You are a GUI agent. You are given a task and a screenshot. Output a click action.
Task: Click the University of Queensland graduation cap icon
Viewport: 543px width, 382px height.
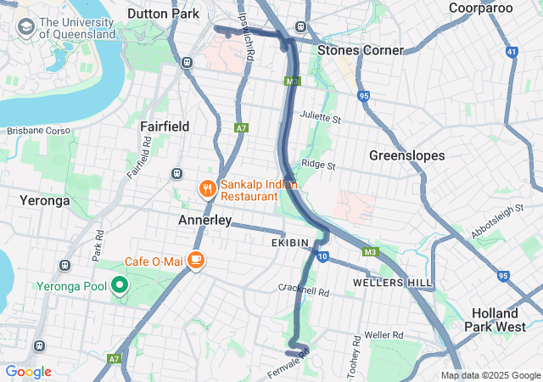click(x=25, y=27)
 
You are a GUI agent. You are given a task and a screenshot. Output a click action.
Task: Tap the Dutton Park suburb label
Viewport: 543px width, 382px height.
click(x=163, y=14)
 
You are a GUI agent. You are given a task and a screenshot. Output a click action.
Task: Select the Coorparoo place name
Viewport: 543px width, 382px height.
click(x=481, y=8)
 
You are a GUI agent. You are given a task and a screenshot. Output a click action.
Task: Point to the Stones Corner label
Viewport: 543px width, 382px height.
click(x=360, y=50)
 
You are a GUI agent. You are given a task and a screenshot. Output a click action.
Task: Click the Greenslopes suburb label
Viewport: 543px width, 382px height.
click(x=406, y=155)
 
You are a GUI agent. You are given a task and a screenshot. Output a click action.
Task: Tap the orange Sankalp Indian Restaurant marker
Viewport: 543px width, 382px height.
click(x=206, y=188)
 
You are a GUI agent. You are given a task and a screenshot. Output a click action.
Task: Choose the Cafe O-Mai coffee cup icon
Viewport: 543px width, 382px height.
click(x=196, y=260)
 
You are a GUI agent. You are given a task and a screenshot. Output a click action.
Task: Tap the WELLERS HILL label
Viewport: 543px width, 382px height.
click(x=393, y=282)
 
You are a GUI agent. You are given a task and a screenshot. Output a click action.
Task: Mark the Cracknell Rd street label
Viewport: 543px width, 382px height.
click(x=303, y=289)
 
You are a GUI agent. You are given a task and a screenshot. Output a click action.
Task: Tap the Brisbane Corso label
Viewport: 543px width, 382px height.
click(x=40, y=131)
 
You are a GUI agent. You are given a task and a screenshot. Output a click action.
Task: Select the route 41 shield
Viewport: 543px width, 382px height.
click(x=510, y=52)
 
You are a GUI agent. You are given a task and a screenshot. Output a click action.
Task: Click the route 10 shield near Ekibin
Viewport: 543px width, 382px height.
click(x=322, y=256)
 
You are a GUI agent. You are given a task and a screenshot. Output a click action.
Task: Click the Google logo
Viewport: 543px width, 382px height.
click(x=28, y=372)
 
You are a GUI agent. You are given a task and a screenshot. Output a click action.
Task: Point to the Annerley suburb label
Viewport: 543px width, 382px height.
click(x=204, y=220)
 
